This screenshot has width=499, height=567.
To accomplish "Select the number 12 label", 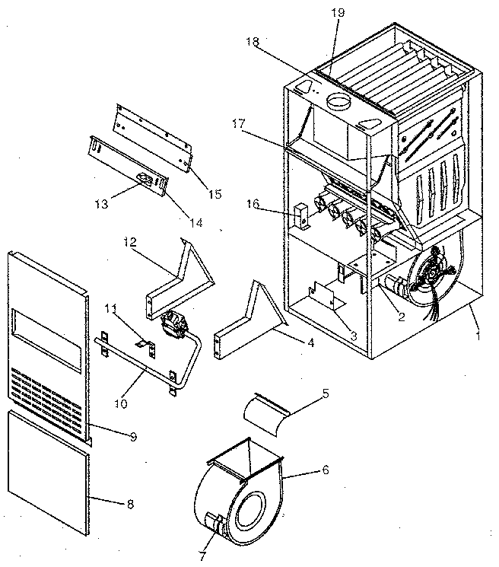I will (130, 242).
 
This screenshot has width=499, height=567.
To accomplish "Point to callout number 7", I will (202, 556).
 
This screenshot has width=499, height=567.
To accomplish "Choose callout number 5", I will (325, 394).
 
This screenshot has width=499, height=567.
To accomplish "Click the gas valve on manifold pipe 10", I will (174, 322).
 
